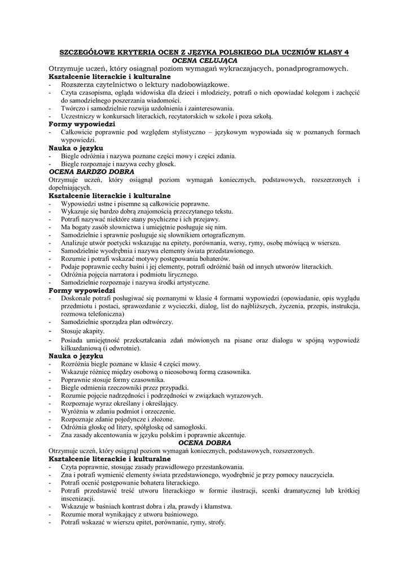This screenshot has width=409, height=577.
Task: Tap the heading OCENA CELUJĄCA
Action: [x=204, y=60]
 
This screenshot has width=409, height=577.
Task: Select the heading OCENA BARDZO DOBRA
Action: [x=91, y=171]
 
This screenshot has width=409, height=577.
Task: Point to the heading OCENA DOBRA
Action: [x=204, y=443]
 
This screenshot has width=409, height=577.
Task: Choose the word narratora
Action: [x=124, y=274]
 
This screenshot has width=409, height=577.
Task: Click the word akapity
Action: [x=93, y=331]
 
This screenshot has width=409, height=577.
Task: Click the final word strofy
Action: [x=216, y=522]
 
